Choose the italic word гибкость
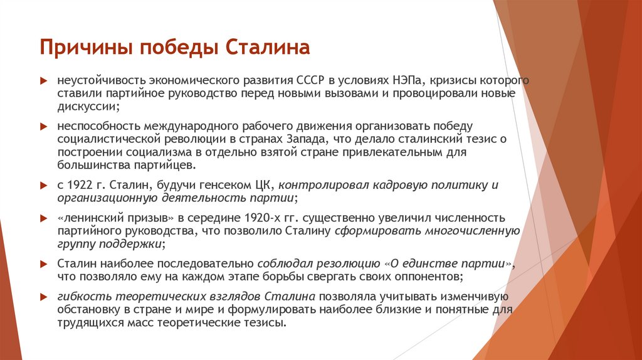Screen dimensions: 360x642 80,297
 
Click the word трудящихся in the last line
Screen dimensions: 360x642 88,324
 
